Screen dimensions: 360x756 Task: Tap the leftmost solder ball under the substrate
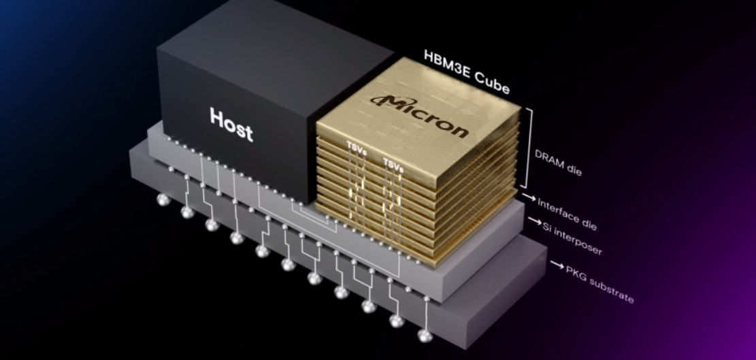tap(163, 201)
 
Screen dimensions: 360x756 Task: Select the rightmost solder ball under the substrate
tap(424, 336)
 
